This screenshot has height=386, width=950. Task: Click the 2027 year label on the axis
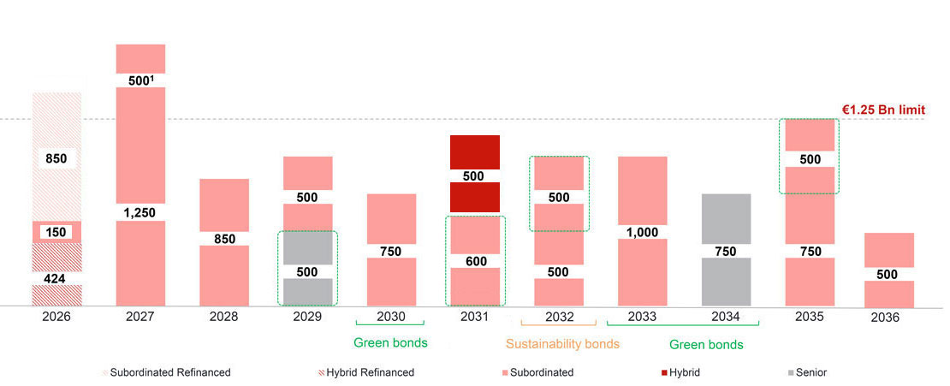tap(140, 317)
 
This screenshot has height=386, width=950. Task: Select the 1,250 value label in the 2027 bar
tap(140, 212)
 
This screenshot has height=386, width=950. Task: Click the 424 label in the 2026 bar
tap(56, 277)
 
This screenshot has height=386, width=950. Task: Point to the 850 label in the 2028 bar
tap(223, 239)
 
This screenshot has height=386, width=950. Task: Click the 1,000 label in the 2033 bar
tap(642, 231)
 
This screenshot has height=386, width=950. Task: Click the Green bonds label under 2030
tap(390, 344)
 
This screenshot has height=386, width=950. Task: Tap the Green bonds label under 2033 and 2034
tap(706, 344)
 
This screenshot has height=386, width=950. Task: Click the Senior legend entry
tap(805, 372)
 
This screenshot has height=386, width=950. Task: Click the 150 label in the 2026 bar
tap(56, 232)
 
